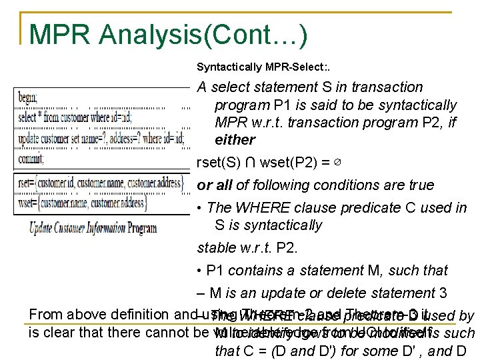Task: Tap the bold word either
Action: click(235, 140)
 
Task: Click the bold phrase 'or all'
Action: click(215, 185)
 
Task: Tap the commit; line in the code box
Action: click(32, 160)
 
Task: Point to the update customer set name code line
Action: click(100, 139)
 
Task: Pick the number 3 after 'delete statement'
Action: click(443, 293)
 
